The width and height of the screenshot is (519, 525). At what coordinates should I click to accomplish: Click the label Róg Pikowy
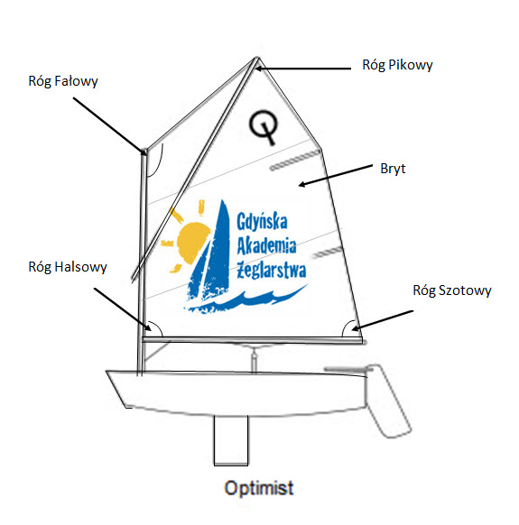pyautogui.click(x=397, y=65)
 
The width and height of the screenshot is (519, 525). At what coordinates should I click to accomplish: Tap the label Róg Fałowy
pyautogui.click(x=63, y=81)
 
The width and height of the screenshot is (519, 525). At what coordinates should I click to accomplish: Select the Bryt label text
pyautogui.click(x=393, y=169)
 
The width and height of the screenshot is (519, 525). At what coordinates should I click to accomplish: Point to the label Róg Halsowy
pyautogui.click(x=68, y=267)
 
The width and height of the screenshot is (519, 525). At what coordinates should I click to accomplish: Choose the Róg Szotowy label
pyautogui.click(x=451, y=290)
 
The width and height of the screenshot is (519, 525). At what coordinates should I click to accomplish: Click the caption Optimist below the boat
pyautogui.click(x=259, y=488)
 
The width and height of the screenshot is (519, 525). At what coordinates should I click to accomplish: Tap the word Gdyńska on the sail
pyautogui.click(x=262, y=221)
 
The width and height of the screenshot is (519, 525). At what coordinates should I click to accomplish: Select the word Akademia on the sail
pyautogui.click(x=266, y=245)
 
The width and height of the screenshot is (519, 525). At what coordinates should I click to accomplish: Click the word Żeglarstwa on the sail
pyautogui.click(x=272, y=271)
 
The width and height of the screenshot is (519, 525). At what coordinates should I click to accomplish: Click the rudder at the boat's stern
pyautogui.click(x=387, y=401)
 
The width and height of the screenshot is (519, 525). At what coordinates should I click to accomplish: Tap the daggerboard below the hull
pyautogui.click(x=231, y=440)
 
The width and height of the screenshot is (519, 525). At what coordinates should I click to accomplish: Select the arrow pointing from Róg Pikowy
pyautogui.click(x=303, y=69)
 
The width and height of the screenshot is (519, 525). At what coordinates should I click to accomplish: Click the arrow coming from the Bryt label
pyautogui.click(x=336, y=175)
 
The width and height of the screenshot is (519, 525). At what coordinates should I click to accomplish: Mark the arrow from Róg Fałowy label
pyautogui.click(x=110, y=126)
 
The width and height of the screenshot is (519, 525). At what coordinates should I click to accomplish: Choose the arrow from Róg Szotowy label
pyautogui.click(x=383, y=321)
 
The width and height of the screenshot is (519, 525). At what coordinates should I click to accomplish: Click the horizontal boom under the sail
pyautogui.click(x=253, y=340)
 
